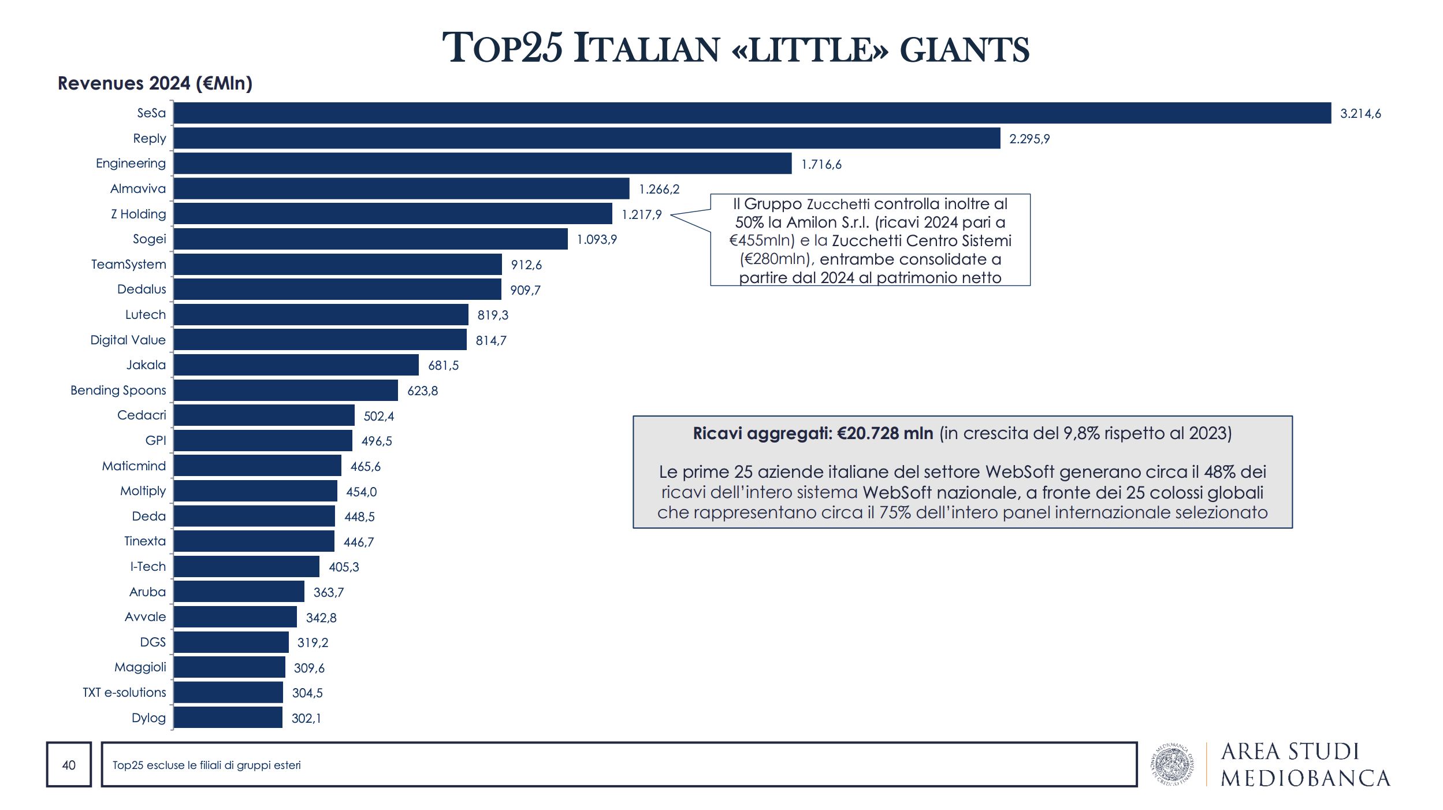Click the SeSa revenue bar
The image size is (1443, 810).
pos(751,113)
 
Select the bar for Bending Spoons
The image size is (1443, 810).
pos(286,391)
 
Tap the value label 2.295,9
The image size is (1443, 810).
pos(1029,139)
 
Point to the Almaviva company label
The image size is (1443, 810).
pos(137,189)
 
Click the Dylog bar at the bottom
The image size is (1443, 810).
pos(228,718)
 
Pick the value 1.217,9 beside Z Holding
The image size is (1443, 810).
pos(641,215)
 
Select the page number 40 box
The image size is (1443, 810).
pos(69,765)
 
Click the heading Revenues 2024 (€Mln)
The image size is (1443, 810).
pos(155,83)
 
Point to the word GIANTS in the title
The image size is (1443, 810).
pos(964,50)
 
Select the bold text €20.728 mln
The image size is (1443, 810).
pos(884,433)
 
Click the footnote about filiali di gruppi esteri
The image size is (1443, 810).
pos(206,766)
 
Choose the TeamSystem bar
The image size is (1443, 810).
pos(338,265)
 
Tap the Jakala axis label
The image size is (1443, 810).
pos(146,365)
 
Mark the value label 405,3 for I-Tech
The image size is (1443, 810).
pos(344,567)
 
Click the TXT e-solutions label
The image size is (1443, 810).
pos(124,693)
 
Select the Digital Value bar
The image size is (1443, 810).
pos(320,340)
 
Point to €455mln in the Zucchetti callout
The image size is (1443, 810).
pos(761,241)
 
